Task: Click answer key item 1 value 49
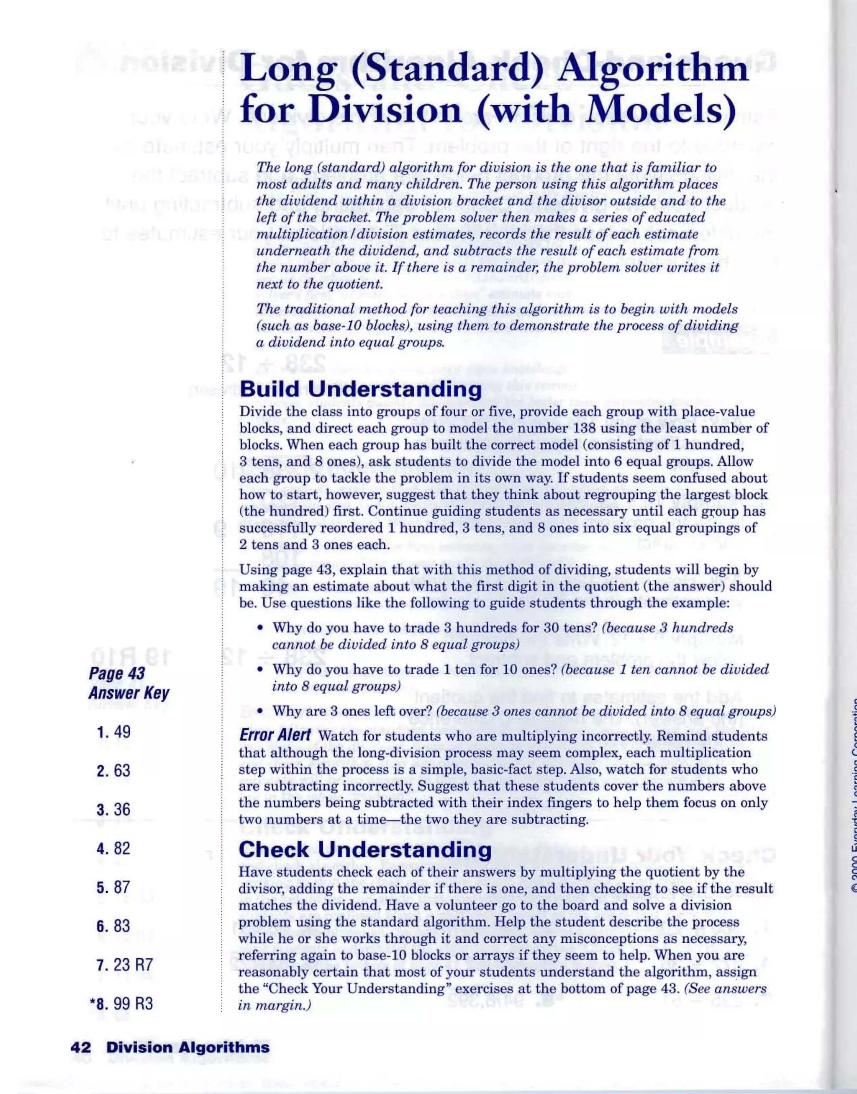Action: [x=122, y=732]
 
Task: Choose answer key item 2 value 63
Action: [x=122, y=770]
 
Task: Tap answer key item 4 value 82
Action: [x=122, y=848]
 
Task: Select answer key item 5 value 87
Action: [x=122, y=887]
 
